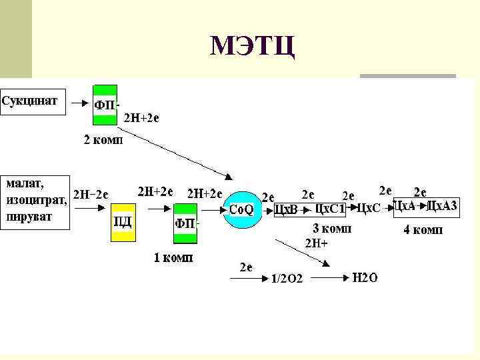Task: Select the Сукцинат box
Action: [33, 102]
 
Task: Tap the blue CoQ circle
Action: [241, 209]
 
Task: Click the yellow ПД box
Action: [123, 221]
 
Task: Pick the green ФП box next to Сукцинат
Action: [105, 105]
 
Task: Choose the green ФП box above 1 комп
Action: [185, 223]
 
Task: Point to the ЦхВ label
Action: [286, 210]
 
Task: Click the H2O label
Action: [364, 277]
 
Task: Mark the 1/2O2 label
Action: [286, 279]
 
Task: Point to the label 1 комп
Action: [173, 258]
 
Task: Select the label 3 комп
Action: [332, 229]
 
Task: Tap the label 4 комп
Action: [423, 231]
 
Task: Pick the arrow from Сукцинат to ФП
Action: [79, 103]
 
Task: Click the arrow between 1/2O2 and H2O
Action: [325, 275]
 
